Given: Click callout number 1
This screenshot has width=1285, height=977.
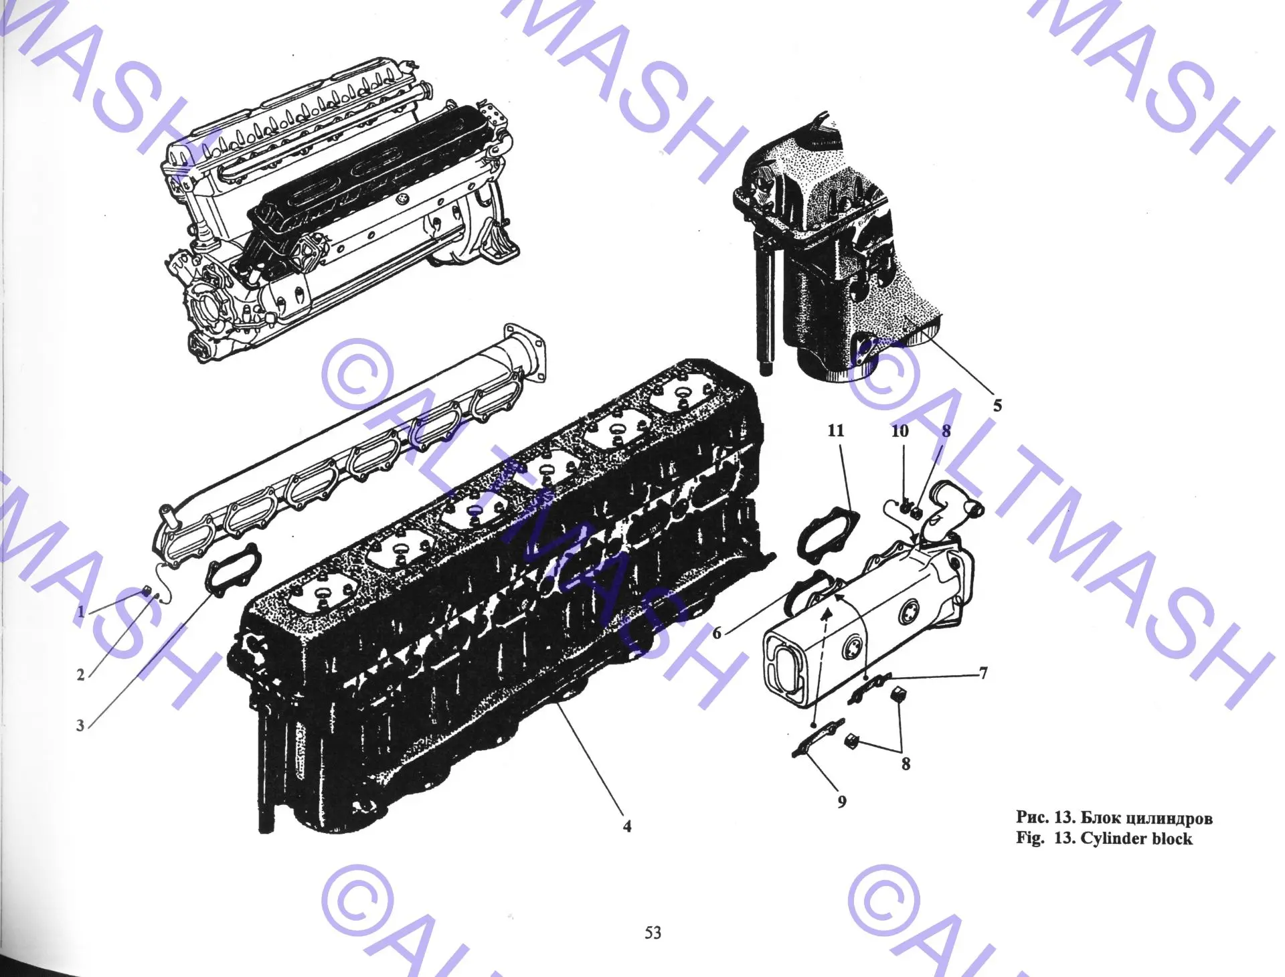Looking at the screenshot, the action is [81, 611].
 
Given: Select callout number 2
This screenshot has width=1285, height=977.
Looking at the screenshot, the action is [81, 675].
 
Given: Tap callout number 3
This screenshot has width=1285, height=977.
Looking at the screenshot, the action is [80, 725].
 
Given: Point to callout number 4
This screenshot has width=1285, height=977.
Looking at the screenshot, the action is [627, 826].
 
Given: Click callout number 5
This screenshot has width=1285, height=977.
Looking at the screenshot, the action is [997, 405].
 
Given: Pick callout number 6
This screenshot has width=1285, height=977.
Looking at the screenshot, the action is [717, 633].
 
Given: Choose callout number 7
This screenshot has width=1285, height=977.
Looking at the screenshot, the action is [983, 673].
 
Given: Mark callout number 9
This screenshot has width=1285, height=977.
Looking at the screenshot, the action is [842, 801].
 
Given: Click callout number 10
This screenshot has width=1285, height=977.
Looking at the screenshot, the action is [900, 431].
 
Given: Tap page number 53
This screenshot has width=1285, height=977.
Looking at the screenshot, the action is [653, 932].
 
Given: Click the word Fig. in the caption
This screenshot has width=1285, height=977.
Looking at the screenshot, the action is [1029, 838].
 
